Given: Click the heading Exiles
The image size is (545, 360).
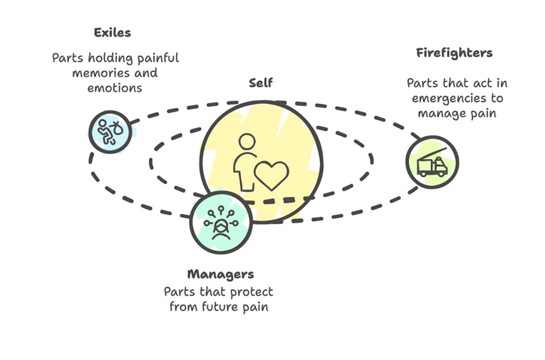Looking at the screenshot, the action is tap(112, 33).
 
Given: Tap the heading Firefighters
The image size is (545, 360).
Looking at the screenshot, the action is tap(455, 53).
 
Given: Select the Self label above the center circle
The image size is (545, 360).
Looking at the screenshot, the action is tap(261, 83).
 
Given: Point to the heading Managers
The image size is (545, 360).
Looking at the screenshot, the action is tap(221, 275).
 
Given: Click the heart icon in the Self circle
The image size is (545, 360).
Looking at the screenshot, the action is tap(271, 175).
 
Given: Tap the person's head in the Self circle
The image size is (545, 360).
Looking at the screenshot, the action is tap(247, 142).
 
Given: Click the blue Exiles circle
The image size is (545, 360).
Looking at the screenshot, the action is tap(110, 132).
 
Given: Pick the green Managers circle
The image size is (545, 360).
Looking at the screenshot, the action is tap(221, 222).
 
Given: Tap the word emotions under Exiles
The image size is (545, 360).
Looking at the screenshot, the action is tap(115, 88).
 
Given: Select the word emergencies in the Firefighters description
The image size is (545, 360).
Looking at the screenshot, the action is tap(449, 99).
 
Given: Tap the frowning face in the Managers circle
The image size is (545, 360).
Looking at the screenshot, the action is tap(221, 230).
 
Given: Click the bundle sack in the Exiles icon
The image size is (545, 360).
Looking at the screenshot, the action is tap(117, 128).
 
